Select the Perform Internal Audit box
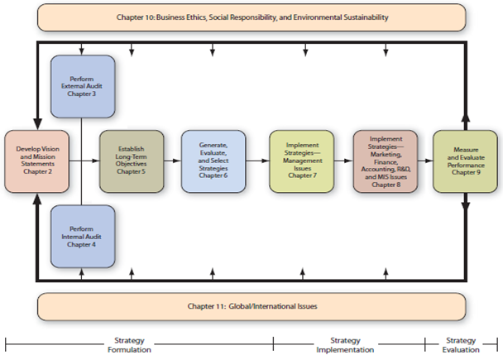point(83,236)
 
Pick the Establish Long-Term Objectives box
point(132,161)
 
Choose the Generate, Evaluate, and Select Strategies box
point(213,161)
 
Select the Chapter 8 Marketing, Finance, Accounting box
point(386,161)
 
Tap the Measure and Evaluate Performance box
point(466,161)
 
